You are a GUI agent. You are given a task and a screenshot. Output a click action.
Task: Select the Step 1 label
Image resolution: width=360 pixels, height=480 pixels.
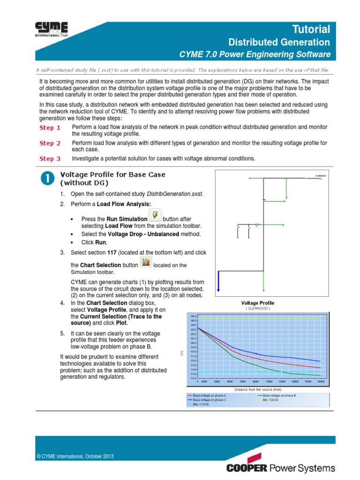(x=50, y=128)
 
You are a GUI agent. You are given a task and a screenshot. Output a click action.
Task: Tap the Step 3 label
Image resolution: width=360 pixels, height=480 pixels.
(x=50, y=159)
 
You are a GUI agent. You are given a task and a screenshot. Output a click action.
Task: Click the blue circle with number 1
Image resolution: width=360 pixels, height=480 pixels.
(x=46, y=179)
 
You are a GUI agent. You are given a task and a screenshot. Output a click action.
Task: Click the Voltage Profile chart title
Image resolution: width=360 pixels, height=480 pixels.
(x=258, y=303)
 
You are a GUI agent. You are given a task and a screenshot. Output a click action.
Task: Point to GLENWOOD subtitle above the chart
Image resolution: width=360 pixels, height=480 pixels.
(x=258, y=308)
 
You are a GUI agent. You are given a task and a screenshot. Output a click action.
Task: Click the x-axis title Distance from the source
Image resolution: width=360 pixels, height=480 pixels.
(x=258, y=390)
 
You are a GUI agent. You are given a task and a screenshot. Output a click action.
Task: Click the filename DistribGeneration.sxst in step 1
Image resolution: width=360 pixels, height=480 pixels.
(x=175, y=194)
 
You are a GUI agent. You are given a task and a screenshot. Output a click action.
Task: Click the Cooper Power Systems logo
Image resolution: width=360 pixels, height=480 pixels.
(x=281, y=468)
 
